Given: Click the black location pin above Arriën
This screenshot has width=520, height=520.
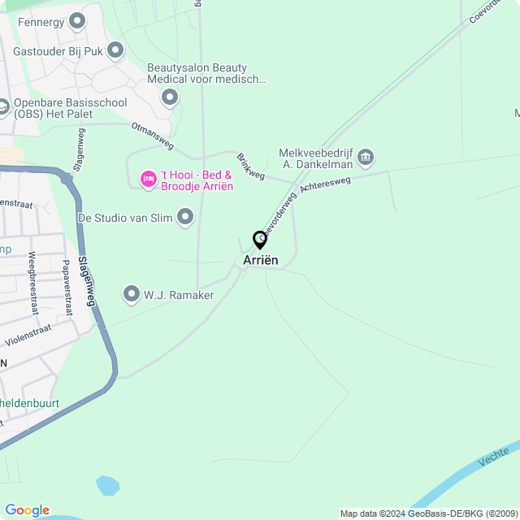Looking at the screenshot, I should (260, 240).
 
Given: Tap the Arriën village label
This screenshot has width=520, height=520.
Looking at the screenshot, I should (260, 260).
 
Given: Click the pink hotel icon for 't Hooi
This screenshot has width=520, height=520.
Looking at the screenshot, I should (149, 179).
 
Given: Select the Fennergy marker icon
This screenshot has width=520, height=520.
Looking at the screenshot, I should (77, 21).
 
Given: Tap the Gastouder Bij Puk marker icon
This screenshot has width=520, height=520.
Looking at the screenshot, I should (115, 50).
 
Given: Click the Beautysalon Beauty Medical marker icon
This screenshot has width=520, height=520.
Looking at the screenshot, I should (170, 98).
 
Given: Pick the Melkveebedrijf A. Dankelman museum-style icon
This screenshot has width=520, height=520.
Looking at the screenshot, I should (366, 156).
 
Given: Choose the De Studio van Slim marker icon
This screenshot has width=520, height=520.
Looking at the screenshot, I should (185, 217).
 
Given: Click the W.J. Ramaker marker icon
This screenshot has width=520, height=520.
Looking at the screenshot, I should (132, 294).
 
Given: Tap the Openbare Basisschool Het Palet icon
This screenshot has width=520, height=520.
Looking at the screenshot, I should (3, 106).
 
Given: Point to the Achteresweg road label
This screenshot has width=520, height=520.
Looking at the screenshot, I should (325, 184).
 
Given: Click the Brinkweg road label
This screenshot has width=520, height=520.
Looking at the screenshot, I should (250, 166).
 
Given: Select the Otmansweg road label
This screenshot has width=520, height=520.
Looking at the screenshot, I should (153, 136).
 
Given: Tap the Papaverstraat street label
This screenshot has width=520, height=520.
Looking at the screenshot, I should (67, 287).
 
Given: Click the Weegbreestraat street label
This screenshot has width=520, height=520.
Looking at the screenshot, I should (33, 283).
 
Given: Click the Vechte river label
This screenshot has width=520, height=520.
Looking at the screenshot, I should (494, 457).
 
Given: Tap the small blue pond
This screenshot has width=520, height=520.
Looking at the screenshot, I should (107, 485).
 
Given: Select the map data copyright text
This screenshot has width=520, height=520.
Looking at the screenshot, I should (428, 513).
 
